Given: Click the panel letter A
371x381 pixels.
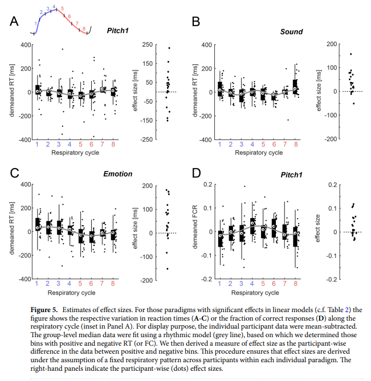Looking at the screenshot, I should (x=15, y=22).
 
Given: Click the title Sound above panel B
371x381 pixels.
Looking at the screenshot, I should (x=291, y=31).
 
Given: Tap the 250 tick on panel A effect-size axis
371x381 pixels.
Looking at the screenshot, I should (x=148, y=44).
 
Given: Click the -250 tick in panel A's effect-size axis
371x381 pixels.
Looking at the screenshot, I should (x=146, y=140).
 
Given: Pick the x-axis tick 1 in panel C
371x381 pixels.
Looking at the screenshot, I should (x=37, y=284).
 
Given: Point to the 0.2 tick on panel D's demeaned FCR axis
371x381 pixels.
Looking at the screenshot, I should (x=204, y=185).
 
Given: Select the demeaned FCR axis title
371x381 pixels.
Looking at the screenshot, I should (x=196, y=232).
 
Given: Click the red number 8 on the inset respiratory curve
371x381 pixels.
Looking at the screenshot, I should (x=84, y=28).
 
